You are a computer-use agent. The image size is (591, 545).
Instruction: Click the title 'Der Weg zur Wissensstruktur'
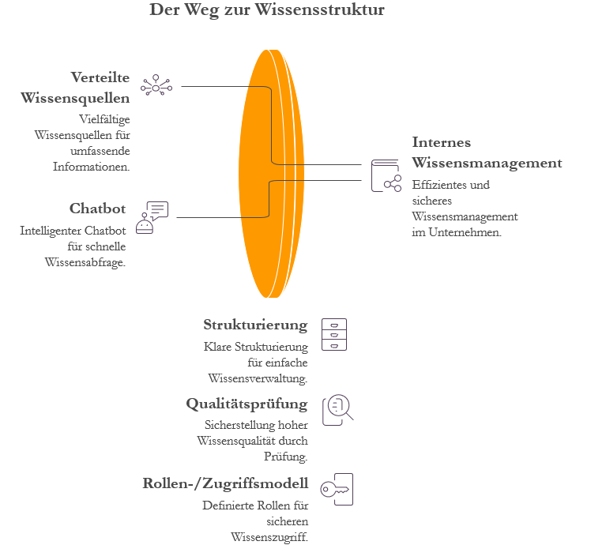pyautogui.click(x=267, y=11)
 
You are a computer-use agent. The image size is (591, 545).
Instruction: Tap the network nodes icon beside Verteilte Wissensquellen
pyautogui.click(x=156, y=86)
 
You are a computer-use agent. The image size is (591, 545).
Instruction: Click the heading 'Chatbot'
pyautogui.click(x=98, y=209)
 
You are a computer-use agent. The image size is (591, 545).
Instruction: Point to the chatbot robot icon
pyautogui.click(x=152, y=218)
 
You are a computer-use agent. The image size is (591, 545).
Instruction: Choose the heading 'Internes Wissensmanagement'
pyautogui.click(x=487, y=152)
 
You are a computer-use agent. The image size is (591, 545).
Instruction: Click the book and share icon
pyautogui.click(x=386, y=175)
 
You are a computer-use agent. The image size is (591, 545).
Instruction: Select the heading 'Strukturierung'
pyautogui.click(x=255, y=325)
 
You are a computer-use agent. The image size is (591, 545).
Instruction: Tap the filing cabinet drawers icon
pyautogui.click(x=333, y=334)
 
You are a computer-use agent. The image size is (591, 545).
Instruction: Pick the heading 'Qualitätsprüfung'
pyautogui.click(x=247, y=404)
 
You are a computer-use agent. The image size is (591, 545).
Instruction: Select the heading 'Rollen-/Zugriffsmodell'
pyautogui.click(x=225, y=483)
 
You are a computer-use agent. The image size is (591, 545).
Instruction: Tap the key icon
pyautogui.click(x=337, y=490)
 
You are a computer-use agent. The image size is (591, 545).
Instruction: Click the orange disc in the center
pyautogui.click(x=265, y=174)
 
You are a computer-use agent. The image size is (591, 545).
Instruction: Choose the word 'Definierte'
pyautogui.click(x=228, y=506)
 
